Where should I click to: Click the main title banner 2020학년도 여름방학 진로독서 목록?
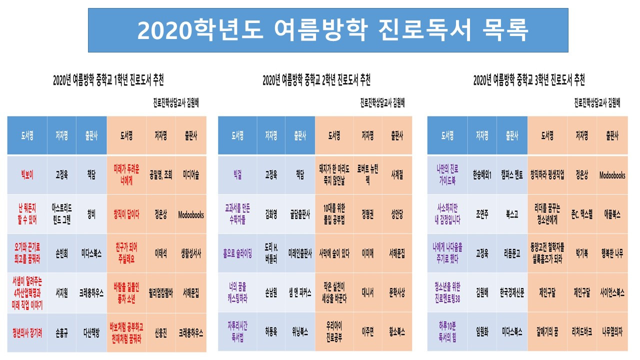point(328,30)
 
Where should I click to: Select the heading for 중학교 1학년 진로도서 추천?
point(108,80)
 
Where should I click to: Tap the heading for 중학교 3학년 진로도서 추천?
point(529,80)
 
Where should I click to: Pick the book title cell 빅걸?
point(237,175)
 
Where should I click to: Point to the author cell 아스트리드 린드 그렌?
point(61,214)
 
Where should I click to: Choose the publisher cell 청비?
point(91,214)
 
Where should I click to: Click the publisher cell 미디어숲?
point(191,175)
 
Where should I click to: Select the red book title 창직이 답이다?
point(126,214)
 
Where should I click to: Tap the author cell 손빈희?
point(61,253)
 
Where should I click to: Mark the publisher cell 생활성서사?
point(191,253)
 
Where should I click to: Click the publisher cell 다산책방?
point(91,331)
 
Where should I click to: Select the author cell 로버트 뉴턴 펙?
point(367,175)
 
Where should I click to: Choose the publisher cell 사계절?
point(397,175)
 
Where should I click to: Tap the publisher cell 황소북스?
point(397,331)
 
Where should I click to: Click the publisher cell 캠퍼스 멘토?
point(512,175)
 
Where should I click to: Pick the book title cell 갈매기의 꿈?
point(547,331)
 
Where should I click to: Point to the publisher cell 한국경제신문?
point(512,293)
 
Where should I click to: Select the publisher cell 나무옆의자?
point(612,331)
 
